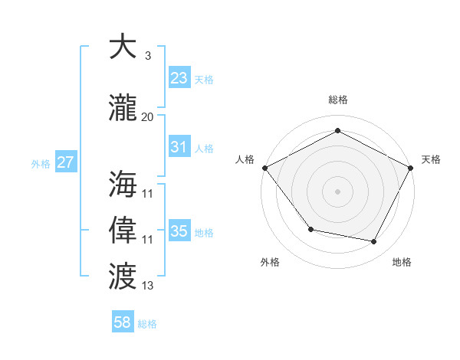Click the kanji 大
click(123, 47)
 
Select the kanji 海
click(123, 185)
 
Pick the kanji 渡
click(123, 273)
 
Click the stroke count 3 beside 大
click(147, 56)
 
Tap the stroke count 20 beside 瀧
click(147, 116)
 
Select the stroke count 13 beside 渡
click(147, 285)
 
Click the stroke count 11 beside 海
click(147, 194)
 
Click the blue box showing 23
click(179, 77)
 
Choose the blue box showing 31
click(179, 147)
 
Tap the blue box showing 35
click(179, 231)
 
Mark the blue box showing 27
click(65, 162)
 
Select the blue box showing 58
click(123, 322)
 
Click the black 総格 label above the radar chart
click(338, 100)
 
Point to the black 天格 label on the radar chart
click(431, 159)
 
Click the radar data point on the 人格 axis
click(264, 168)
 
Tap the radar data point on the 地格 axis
click(374, 242)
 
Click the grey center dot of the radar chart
click(338, 191)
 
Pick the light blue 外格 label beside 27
click(41, 163)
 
